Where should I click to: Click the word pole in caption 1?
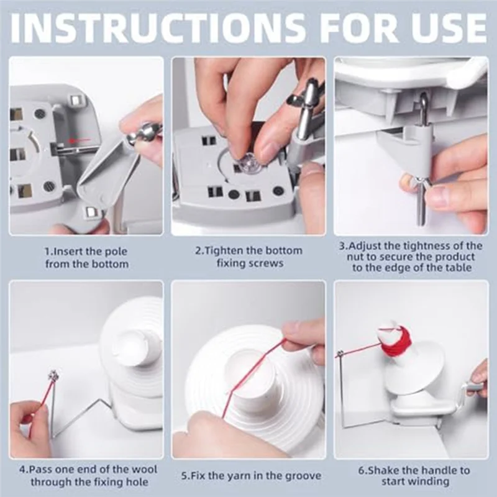click(115, 252)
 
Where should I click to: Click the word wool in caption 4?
click(144, 470)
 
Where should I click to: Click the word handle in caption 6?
click(435, 470)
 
